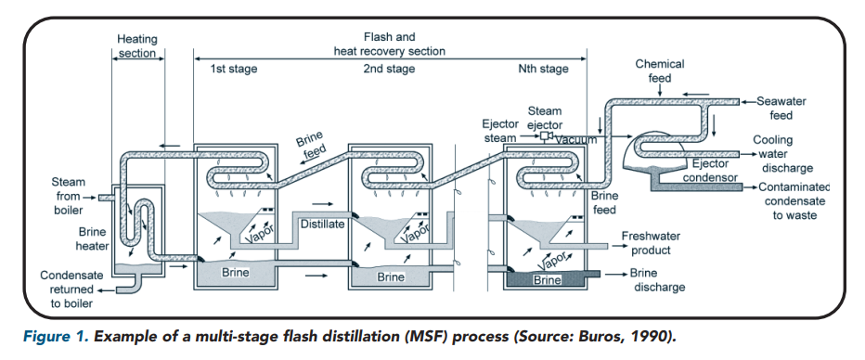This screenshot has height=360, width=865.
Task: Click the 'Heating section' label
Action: tap(137, 46)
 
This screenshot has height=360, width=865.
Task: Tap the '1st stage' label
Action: tap(233, 69)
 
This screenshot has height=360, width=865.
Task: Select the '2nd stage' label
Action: tap(389, 69)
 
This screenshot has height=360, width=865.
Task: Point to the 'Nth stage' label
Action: tap(543, 69)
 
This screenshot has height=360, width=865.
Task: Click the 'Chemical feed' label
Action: tap(659, 71)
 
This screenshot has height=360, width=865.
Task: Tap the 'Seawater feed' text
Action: tap(781, 108)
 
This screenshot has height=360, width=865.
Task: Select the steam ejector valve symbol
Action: tap(548, 136)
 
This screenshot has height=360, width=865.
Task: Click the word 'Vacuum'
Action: tap(576, 139)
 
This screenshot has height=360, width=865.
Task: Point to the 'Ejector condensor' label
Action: tap(710, 171)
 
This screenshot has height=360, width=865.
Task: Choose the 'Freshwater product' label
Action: tap(651, 243)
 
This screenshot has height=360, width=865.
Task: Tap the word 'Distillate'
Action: tap(323, 224)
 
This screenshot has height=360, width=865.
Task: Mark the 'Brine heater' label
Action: tap(92, 238)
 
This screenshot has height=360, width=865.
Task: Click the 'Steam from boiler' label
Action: tap(68, 196)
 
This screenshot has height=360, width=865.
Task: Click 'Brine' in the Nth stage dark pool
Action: tap(547, 280)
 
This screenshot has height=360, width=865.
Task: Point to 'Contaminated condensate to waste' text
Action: tap(794, 200)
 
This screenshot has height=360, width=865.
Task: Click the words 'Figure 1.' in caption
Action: tap(56, 337)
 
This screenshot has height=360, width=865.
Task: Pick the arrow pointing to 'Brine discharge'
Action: tap(615, 274)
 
